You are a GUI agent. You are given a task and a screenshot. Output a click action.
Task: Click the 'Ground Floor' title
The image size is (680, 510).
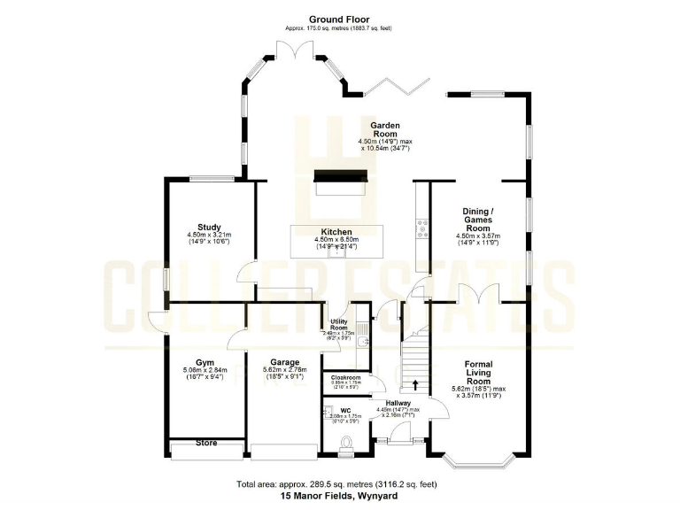(x=339, y=19)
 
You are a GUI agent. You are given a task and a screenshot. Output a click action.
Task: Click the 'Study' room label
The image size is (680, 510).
(x=209, y=227)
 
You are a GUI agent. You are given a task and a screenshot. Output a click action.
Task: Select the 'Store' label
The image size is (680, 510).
(x=205, y=442)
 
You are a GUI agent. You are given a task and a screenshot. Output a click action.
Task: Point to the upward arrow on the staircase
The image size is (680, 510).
(x=414, y=384)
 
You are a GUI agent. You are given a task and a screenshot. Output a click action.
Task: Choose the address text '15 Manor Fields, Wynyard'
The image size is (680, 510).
(x=339, y=497)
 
